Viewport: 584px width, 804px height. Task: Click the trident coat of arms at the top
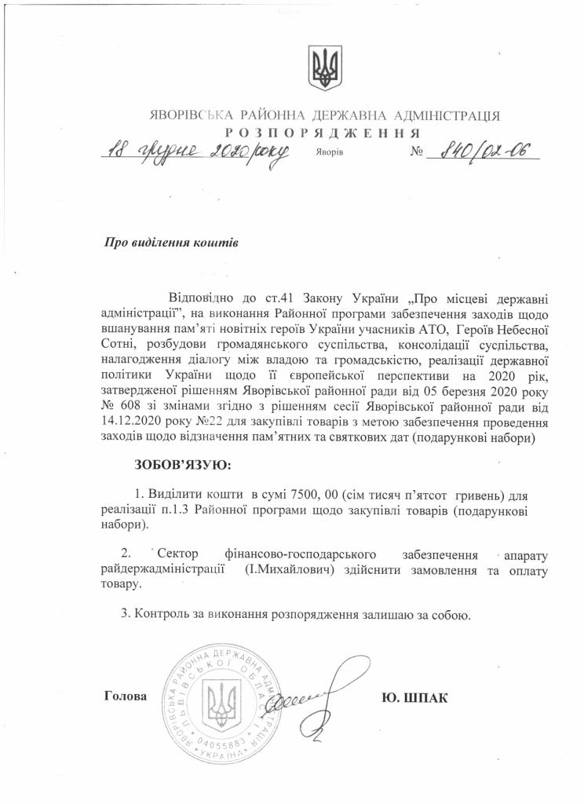pyautogui.click(x=322, y=68)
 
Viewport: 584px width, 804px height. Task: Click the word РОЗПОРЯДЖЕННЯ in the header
pyautogui.click(x=322, y=132)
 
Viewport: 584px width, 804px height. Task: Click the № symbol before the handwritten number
pyautogui.click(x=416, y=151)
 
